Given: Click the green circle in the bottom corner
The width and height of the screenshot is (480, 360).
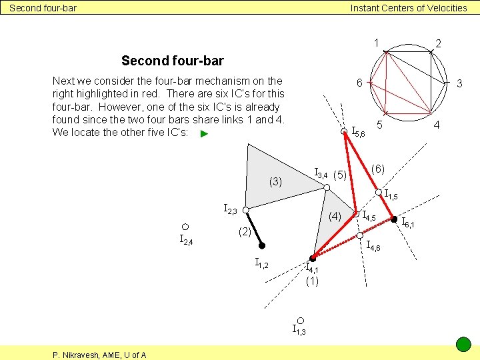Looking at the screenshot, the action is pos(463,345).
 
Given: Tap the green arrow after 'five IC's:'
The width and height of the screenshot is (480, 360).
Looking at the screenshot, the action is pos(205,134).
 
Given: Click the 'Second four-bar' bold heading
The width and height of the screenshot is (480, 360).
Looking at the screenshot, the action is pos(172,61).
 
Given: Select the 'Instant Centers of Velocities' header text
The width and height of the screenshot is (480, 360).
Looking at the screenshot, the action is pos(409,8).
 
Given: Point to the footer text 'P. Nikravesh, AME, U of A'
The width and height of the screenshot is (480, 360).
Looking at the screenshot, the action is pos(99,355).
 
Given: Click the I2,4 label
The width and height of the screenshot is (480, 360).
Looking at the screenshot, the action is pos(186,240).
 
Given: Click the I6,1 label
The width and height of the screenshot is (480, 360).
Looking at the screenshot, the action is pos(407,223).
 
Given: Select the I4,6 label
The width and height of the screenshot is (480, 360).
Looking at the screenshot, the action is pos(373,246).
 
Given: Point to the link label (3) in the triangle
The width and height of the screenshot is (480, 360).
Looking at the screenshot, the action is pos(275,181).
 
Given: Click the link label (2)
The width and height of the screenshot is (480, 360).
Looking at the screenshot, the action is pos(245,232).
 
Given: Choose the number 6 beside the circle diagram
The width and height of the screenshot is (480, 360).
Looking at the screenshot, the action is pos(359,83).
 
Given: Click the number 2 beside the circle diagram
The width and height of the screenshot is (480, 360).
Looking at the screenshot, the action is pos(438,43).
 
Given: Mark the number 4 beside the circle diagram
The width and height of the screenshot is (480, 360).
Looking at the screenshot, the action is pos(437,125).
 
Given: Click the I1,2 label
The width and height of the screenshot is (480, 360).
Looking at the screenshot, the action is pos(262,264).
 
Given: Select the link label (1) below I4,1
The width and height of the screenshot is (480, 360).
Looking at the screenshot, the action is pos(312,281).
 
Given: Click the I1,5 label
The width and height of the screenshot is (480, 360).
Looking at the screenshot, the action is pos(391,195).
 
